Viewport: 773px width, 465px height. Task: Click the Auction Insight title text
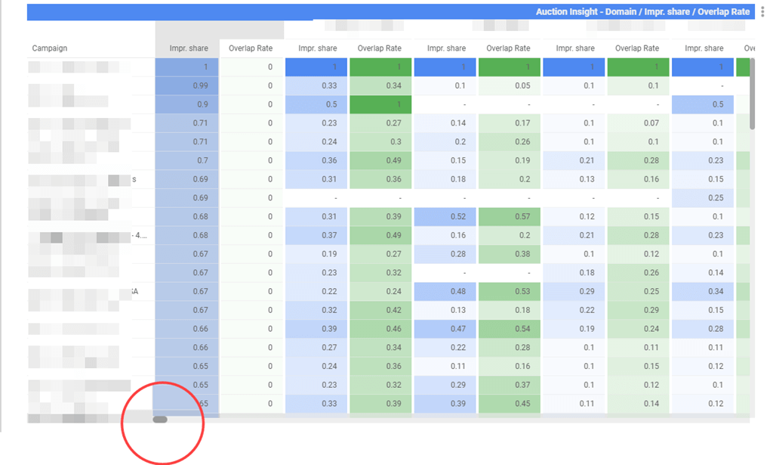(x=642, y=12)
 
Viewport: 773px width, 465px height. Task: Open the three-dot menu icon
(x=763, y=12)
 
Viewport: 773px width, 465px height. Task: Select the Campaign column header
(x=50, y=48)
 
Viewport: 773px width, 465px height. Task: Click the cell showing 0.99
(x=200, y=86)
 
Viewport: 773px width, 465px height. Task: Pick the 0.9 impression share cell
(x=202, y=104)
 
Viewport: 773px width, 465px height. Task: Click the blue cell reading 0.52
(x=457, y=217)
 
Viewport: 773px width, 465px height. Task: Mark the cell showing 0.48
(x=457, y=291)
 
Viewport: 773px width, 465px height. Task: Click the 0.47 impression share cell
(x=457, y=329)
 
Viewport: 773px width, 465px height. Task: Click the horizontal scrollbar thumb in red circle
(x=160, y=419)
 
